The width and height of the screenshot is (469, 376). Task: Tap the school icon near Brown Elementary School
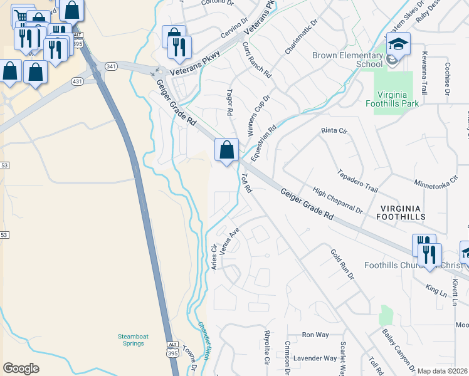[x=397, y=44]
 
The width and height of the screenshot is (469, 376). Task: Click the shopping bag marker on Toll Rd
[x=227, y=150]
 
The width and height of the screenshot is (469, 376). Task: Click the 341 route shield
[x=111, y=66]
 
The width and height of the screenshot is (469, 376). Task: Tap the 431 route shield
[x=77, y=81]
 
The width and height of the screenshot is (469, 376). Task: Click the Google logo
[x=21, y=368]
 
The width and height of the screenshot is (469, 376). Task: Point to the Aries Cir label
[x=214, y=257]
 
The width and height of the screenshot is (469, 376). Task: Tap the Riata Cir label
[x=334, y=131]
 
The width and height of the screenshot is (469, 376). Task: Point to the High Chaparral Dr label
[x=337, y=202]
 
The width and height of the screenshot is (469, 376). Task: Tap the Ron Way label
[x=315, y=335]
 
